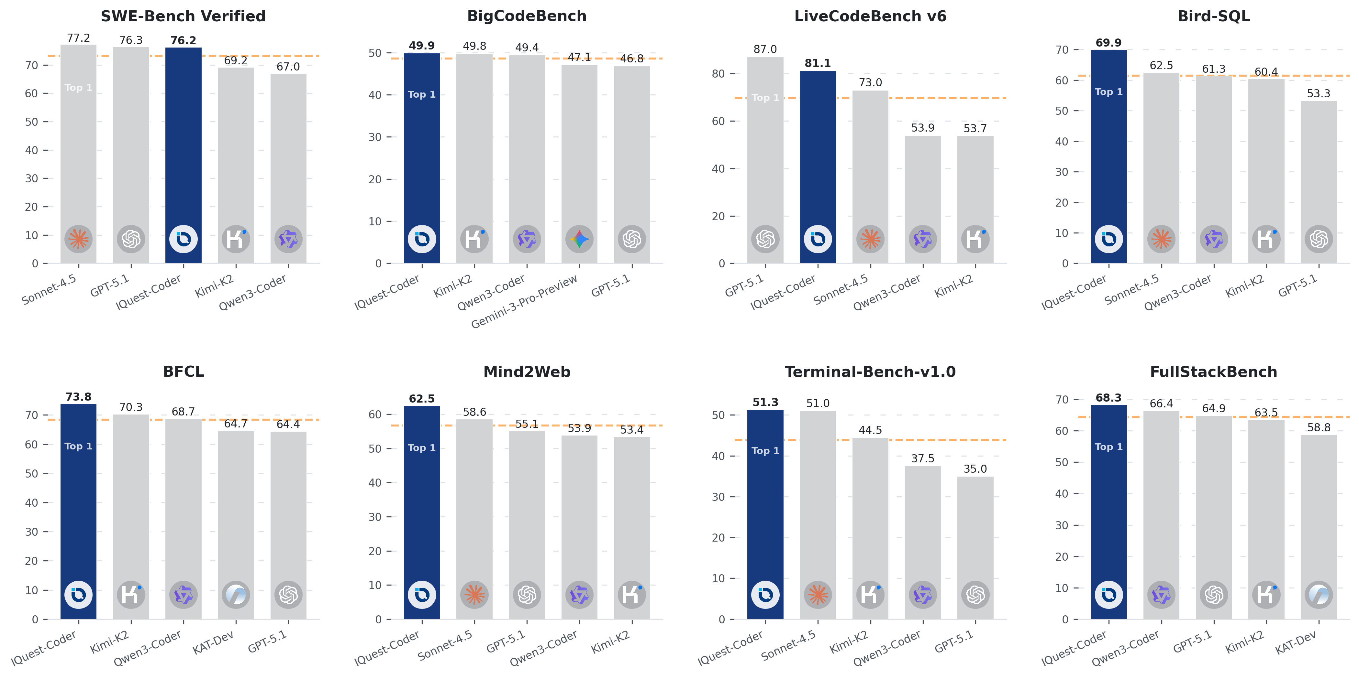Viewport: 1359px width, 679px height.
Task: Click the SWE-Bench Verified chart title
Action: coord(183,16)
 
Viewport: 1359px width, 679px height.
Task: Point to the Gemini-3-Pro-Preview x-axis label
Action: coord(524,302)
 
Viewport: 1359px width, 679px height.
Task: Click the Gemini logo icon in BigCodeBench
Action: coord(579,239)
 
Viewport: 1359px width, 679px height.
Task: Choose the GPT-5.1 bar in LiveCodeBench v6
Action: coord(765,158)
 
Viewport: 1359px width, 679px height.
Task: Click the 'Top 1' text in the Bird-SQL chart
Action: coord(1108,92)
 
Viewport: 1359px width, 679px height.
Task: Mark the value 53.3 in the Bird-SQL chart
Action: coord(1318,93)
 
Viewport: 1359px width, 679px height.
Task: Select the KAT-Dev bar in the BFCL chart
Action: coord(236,517)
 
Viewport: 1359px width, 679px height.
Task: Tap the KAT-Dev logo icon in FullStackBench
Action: coord(1318,595)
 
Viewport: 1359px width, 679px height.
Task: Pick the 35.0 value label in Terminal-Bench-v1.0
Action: coord(975,469)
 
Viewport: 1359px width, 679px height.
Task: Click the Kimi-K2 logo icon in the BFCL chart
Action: coord(131,595)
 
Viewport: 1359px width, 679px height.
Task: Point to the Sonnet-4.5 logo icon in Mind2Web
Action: coord(474,595)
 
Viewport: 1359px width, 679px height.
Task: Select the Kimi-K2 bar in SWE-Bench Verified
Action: coord(236,158)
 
